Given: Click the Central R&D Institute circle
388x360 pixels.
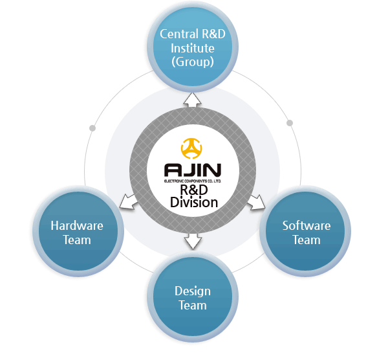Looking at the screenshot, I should (x=191, y=49).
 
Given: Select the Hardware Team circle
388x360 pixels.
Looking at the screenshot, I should (x=77, y=233).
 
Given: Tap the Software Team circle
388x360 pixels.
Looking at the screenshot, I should (x=306, y=233).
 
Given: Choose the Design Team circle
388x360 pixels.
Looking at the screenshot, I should (x=192, y=298).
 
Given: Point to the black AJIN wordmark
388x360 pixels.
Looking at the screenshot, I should (x=193, y=170).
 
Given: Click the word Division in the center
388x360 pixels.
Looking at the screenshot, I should (x=193, y=202).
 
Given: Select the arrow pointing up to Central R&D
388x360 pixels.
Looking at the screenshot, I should (x=192, y=98).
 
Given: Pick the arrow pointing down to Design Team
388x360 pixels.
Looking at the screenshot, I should (x=192, y=241).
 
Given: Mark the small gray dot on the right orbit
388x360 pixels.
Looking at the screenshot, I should (x=290, y=122).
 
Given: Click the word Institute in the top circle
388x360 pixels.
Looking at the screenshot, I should (x=191, y=48).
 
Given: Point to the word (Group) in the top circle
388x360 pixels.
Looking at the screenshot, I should (x=191, y=62).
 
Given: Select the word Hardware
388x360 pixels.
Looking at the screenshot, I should (x=77, y=226).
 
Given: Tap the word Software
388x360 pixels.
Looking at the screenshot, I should (x=306, y=226).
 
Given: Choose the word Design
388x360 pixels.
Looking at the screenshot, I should (x=192, y=291).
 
